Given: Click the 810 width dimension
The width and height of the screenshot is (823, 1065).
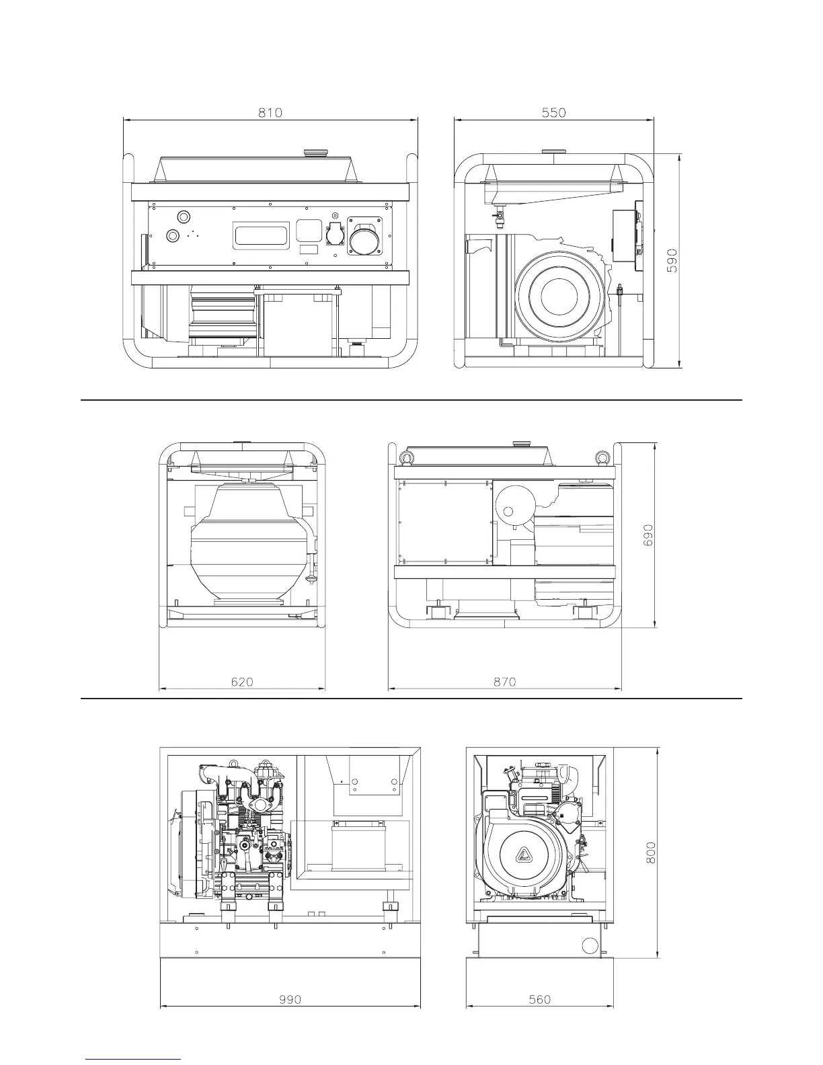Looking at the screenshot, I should (270, 113).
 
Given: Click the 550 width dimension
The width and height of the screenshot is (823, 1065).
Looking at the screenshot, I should (553, 113).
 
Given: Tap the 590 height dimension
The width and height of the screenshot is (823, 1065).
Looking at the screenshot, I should (672, 260).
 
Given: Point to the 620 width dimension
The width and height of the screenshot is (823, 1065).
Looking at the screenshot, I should (242, 682).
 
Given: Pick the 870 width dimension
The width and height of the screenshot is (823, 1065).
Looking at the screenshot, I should (504, 682).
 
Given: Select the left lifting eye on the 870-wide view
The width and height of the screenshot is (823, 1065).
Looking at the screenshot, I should (405, 459).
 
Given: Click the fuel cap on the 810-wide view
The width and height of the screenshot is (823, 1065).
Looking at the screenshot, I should (313, 153).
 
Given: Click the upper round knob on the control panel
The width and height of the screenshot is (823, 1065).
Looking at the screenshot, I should (183, 216).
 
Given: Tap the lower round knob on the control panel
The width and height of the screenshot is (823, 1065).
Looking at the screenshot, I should (173, 235).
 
